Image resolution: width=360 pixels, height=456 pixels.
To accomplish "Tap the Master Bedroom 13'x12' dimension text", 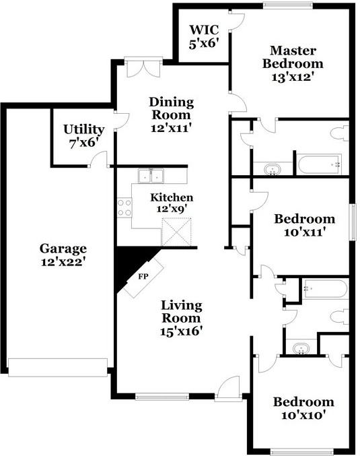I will (x=297, y=77).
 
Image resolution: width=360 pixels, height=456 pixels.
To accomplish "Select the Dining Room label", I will (x=171, y=102).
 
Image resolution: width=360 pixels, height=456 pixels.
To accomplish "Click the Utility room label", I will (x=83, y=129).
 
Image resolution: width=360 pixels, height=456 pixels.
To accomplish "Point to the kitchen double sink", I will (x=151, y=176).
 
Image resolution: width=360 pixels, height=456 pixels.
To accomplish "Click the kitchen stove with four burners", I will (x=124, y=207).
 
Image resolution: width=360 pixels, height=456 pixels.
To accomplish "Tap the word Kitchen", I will (x=172, y=197).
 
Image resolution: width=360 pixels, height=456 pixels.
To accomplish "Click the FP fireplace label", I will (x=143, y=276).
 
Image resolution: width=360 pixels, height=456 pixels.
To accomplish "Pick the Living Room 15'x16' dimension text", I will (x=181, y=331).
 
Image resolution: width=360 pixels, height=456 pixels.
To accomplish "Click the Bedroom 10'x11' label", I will (x=304, y=219).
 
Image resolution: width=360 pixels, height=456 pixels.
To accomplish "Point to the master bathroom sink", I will (x=272, y=168).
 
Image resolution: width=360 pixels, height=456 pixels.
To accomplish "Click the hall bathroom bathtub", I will (x=324, y=290).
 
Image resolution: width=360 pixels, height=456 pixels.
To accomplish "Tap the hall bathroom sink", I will (x=300, y=348).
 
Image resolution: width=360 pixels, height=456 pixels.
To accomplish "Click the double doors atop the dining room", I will (x=143, y=67).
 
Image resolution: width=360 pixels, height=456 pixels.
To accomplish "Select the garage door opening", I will (x=58, y=367).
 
